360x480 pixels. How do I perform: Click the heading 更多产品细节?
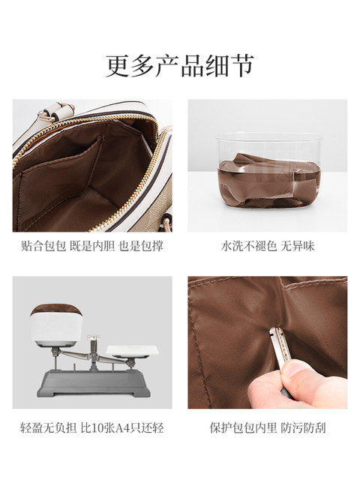[x=180, y=64]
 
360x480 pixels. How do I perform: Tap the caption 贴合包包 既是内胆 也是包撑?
[x=91, y=245]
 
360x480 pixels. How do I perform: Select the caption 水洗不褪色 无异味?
[x=268, y=245]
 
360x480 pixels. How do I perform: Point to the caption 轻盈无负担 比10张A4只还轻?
[x=91, y=429]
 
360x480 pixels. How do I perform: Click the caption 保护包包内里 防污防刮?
[x=268, y=429]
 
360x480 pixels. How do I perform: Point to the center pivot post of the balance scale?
[x=93, y=352]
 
